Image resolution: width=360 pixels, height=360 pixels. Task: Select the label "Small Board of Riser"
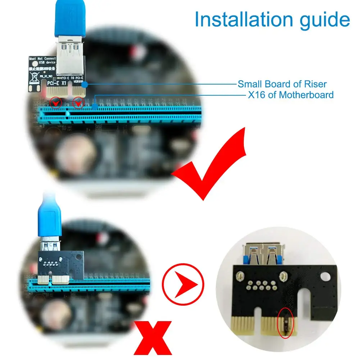[x=282, y=84]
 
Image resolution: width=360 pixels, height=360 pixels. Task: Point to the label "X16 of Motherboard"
[x=291, y=95]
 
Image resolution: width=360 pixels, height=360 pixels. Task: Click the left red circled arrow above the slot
[x=55, y=103]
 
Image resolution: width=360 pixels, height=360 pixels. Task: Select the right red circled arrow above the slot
[x=78, y=103]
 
